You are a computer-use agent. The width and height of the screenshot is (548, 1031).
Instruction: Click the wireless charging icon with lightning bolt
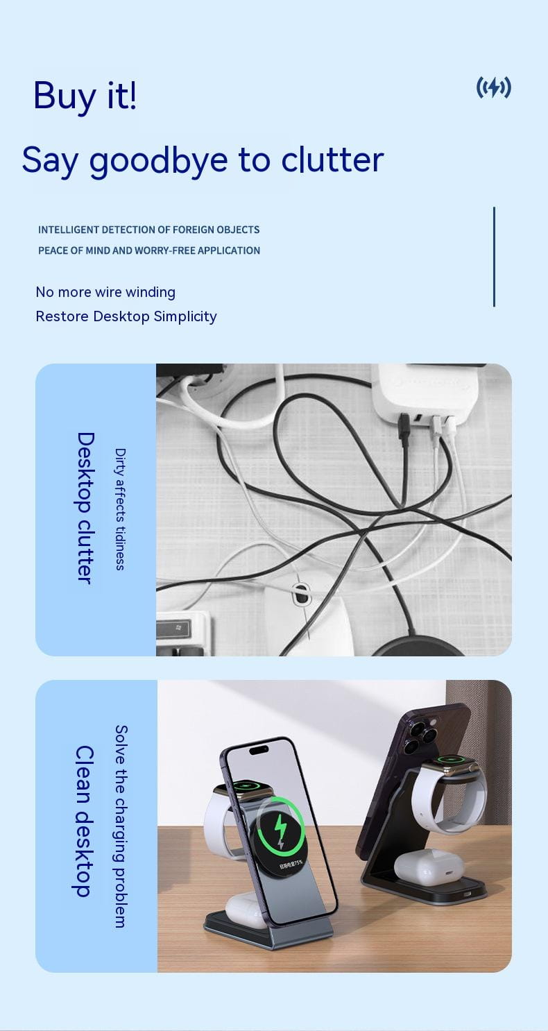point(493,87)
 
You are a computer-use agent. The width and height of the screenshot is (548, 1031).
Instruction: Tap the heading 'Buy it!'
point(85,96)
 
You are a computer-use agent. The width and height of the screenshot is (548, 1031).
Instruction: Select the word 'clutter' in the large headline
point(332,160)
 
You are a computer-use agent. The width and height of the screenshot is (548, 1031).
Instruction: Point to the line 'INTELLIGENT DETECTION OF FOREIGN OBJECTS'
point(148,230)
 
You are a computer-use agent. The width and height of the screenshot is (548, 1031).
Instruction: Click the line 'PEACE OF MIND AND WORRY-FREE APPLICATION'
point(149,250)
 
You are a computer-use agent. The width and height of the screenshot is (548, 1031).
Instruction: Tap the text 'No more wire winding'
point(105,292)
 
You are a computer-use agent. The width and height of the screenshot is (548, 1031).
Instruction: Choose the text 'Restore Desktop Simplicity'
point(126,316)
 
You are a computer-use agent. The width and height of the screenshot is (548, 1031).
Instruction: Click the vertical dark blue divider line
point(494,257)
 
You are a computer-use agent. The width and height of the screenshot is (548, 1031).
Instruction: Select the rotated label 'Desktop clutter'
point(85,508)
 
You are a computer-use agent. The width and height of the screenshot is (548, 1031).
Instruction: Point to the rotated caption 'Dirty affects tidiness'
point(120,509)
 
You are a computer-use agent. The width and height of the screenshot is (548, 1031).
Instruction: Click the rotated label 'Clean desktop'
point(85,821)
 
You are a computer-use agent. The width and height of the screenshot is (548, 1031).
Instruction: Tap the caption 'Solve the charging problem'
point(121,826)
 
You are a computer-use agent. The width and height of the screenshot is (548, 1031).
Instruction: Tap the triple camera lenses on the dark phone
point(420,737)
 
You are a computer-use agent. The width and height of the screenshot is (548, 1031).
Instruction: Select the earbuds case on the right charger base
point(429,865)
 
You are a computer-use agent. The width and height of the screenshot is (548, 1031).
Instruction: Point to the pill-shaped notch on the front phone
point(259,750)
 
